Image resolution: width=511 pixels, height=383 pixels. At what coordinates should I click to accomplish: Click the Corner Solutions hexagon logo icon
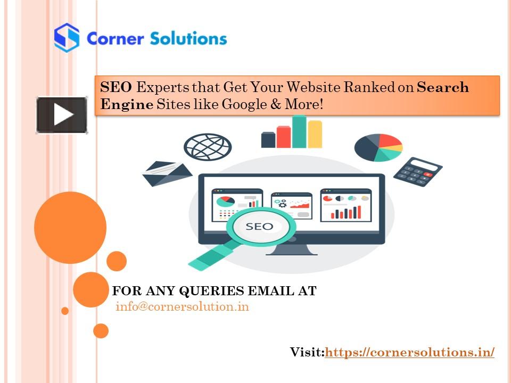tap(67, 37)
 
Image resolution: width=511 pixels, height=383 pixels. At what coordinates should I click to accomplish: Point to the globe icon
tap(208, 146)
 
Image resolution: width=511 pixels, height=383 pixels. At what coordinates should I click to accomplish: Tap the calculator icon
tap(418, 171)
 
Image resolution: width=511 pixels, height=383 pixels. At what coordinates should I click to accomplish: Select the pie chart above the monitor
tap(378, 147)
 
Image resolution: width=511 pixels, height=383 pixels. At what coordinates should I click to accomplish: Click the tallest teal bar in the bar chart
tap(299, 131)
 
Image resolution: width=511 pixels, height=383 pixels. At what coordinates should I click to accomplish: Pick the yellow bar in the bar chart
tap(315, 134)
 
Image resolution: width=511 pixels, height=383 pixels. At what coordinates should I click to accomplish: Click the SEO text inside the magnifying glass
tap(259, 226)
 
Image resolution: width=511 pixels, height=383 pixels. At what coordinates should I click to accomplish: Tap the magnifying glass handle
tap(211, 256)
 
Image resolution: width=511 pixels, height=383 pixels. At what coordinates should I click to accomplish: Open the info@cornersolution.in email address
tap(182, 307)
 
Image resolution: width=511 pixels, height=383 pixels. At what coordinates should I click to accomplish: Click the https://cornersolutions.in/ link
tap(409, 352)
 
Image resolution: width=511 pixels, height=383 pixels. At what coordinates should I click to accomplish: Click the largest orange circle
tap(70, 227)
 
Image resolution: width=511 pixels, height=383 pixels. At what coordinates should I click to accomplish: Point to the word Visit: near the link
tap(307, 352)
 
